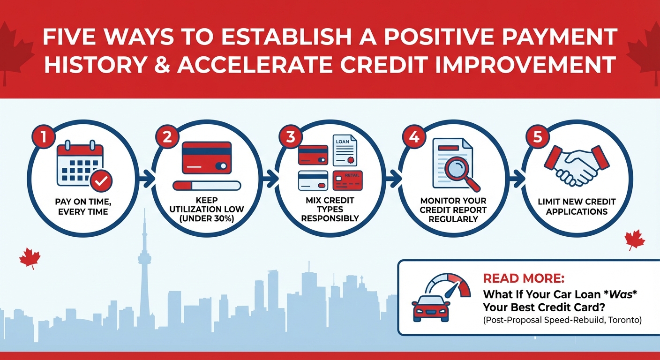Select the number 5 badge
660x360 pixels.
(x=534, y=137)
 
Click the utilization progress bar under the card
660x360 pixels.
(x=206, y=186)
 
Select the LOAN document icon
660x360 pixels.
(x=345, y=150)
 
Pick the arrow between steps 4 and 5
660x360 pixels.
(x=517, y=178)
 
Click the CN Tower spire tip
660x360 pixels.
(x=144, y=211)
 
